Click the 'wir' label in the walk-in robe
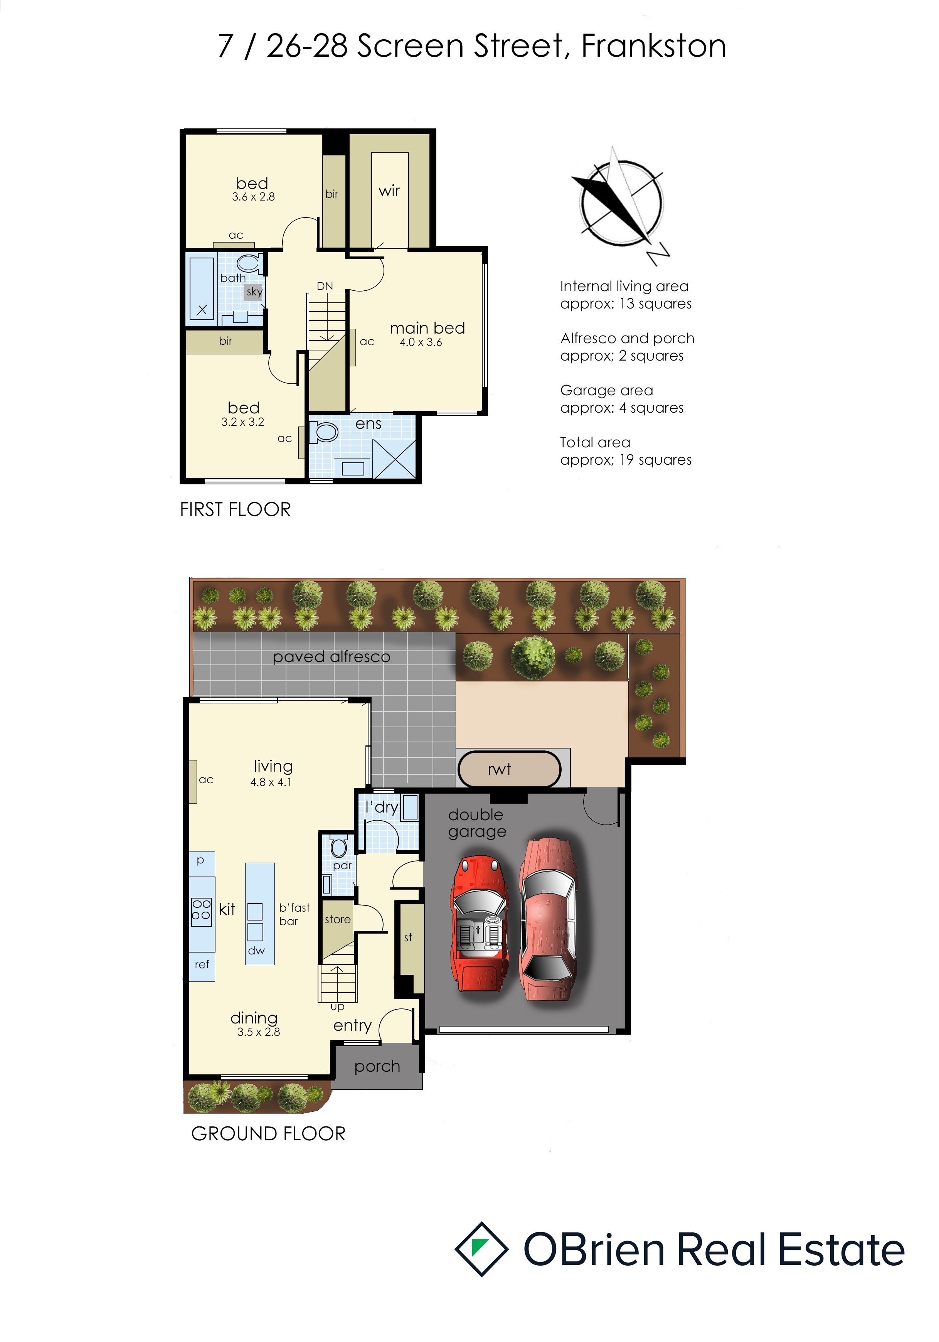[389, 191]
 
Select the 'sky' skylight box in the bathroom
[254, 291]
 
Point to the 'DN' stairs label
[325, 286]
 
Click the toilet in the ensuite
[323, 432]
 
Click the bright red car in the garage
[478, 924]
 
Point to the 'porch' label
[377, 1067]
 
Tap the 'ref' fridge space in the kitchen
[202, 965]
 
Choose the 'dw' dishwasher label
[256, 950]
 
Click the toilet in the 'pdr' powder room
[339, 846]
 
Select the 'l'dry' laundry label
[382, 807]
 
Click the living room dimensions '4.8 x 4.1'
[271, 782]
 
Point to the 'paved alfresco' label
[331, 657]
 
